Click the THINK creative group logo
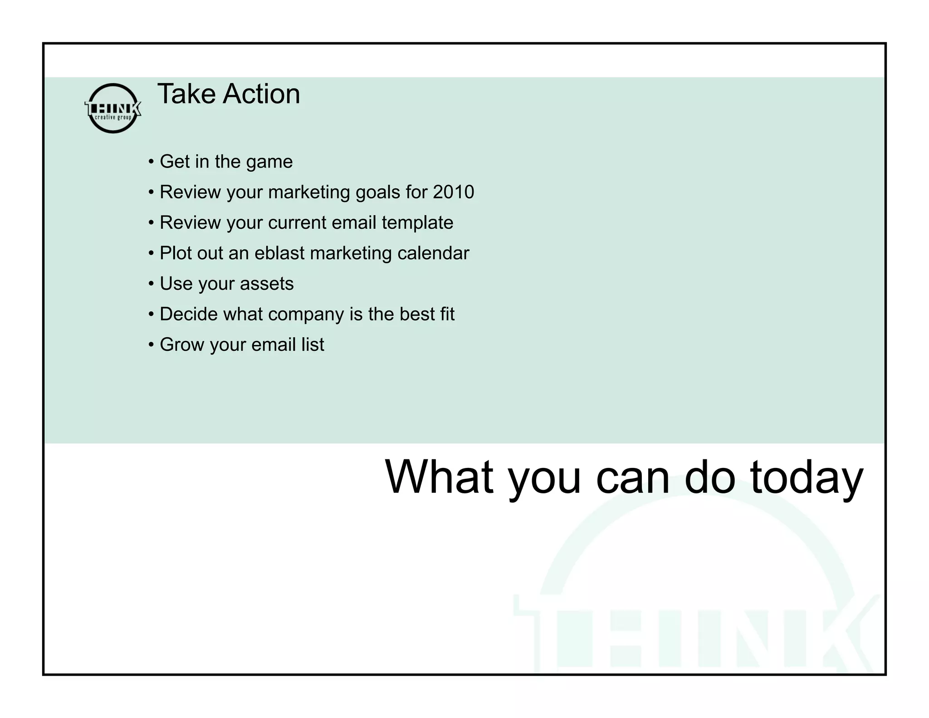coord(113,108)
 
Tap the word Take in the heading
coord(186,94)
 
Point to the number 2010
coord(453,192)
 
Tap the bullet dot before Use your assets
coord(152,284)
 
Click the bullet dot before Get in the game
coord(152,162)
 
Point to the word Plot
coord(176,253)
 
